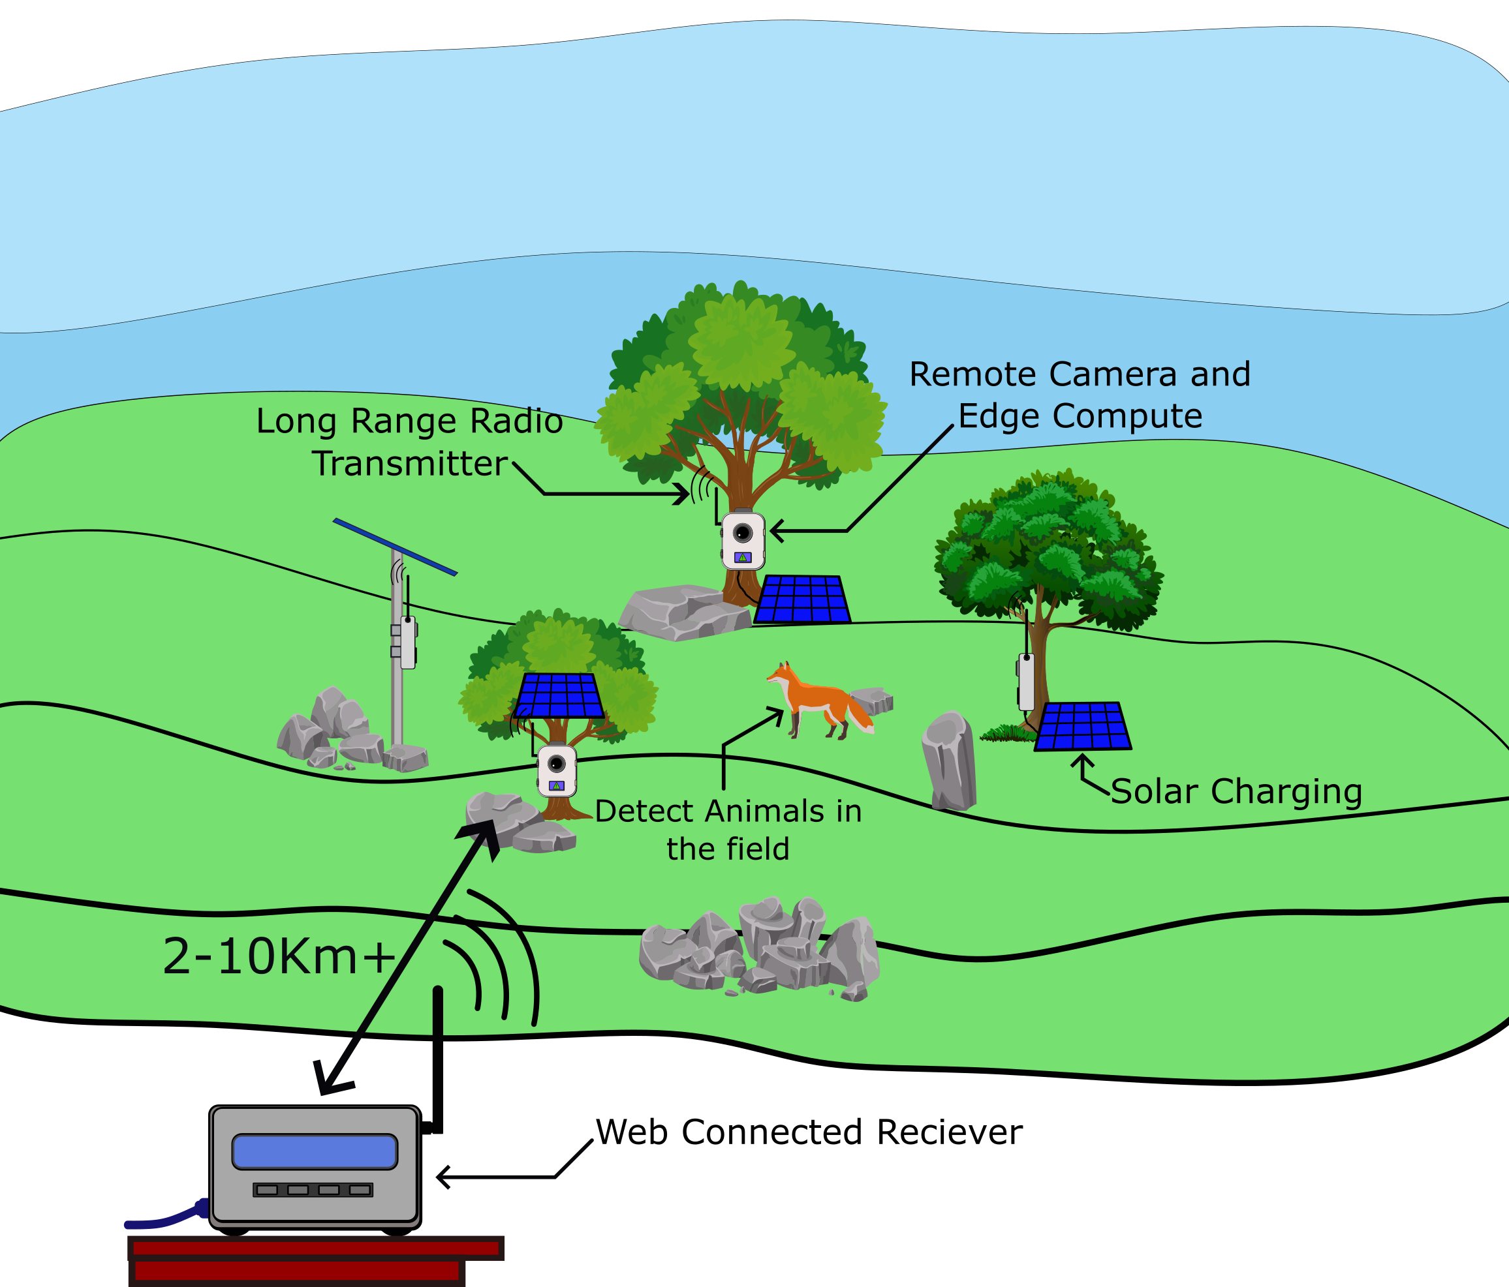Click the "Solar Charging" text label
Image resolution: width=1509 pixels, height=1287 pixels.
point(1236,791)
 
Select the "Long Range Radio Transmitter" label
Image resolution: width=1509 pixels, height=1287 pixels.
point(409,442)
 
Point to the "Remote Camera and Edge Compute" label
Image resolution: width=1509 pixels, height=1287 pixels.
point(1080,395)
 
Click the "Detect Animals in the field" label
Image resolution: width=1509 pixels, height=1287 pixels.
point(728,830)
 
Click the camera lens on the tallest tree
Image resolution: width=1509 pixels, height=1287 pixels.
point(742,534)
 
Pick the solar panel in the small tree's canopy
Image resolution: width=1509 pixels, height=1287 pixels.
point(559,696)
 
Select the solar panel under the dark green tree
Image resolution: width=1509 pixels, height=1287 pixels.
point(1082,727)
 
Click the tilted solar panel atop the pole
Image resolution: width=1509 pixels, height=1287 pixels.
point(395,547)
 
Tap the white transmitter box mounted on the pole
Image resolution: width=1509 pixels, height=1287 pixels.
point(408,643)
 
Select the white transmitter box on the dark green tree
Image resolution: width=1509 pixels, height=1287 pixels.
point(1026,682)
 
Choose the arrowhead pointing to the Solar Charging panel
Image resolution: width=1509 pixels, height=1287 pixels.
point(1082,761)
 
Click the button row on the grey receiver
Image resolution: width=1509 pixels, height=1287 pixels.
point(313,1189)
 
